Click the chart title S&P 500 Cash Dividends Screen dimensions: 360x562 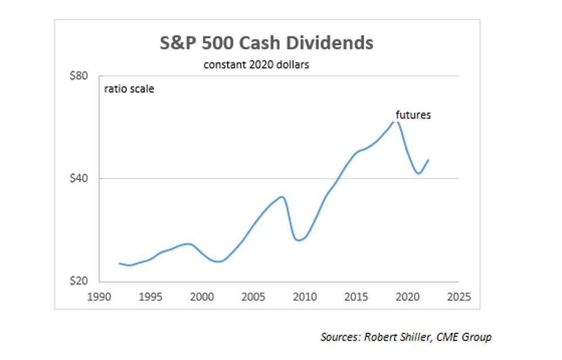tap(267, 43)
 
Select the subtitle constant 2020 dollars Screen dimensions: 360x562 tap(256, 64)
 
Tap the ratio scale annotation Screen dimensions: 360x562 tap(129, 90)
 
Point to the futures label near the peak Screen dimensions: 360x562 tap(413, 115)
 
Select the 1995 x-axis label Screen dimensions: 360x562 tap(151, 296)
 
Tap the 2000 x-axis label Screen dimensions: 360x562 tap(202, 296)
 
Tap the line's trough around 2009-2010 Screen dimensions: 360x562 tap(299, 240)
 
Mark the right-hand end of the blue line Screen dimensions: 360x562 tap(428, 160)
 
